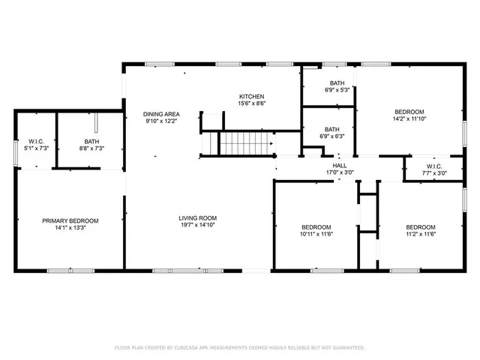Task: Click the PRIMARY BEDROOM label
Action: (70, 220)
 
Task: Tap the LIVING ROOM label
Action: (198, 218)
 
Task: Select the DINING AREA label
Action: (161, 114)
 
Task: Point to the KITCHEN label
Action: (251, 97)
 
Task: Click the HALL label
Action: (339, 165)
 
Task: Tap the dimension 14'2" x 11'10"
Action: (409, 118)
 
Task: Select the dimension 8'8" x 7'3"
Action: (91, 148)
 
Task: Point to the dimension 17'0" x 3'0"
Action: (339, 173)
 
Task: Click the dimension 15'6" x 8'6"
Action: (251, 105)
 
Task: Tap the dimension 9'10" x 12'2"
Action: (161, 122)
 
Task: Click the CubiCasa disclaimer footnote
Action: (239, 348)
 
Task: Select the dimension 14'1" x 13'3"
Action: (70, 229)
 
